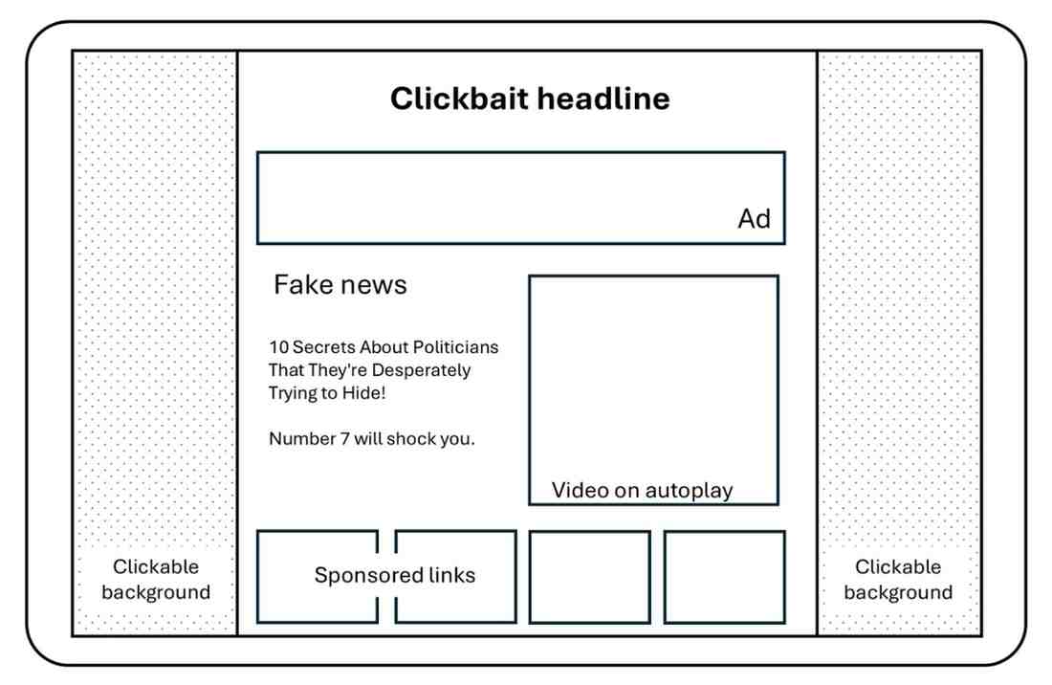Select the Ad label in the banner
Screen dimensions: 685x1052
tap(754, 219)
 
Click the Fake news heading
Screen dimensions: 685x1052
tap(340, 284)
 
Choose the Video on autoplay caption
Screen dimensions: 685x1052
tap(642, 491)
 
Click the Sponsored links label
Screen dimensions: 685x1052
tap(394, 576)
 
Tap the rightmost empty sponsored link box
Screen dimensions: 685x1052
tap(724, 576)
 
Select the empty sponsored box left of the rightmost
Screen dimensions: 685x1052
tap(589, 576)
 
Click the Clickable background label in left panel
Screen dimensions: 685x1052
tap(156, 580)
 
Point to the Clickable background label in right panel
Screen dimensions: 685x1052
tap(898, 580)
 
